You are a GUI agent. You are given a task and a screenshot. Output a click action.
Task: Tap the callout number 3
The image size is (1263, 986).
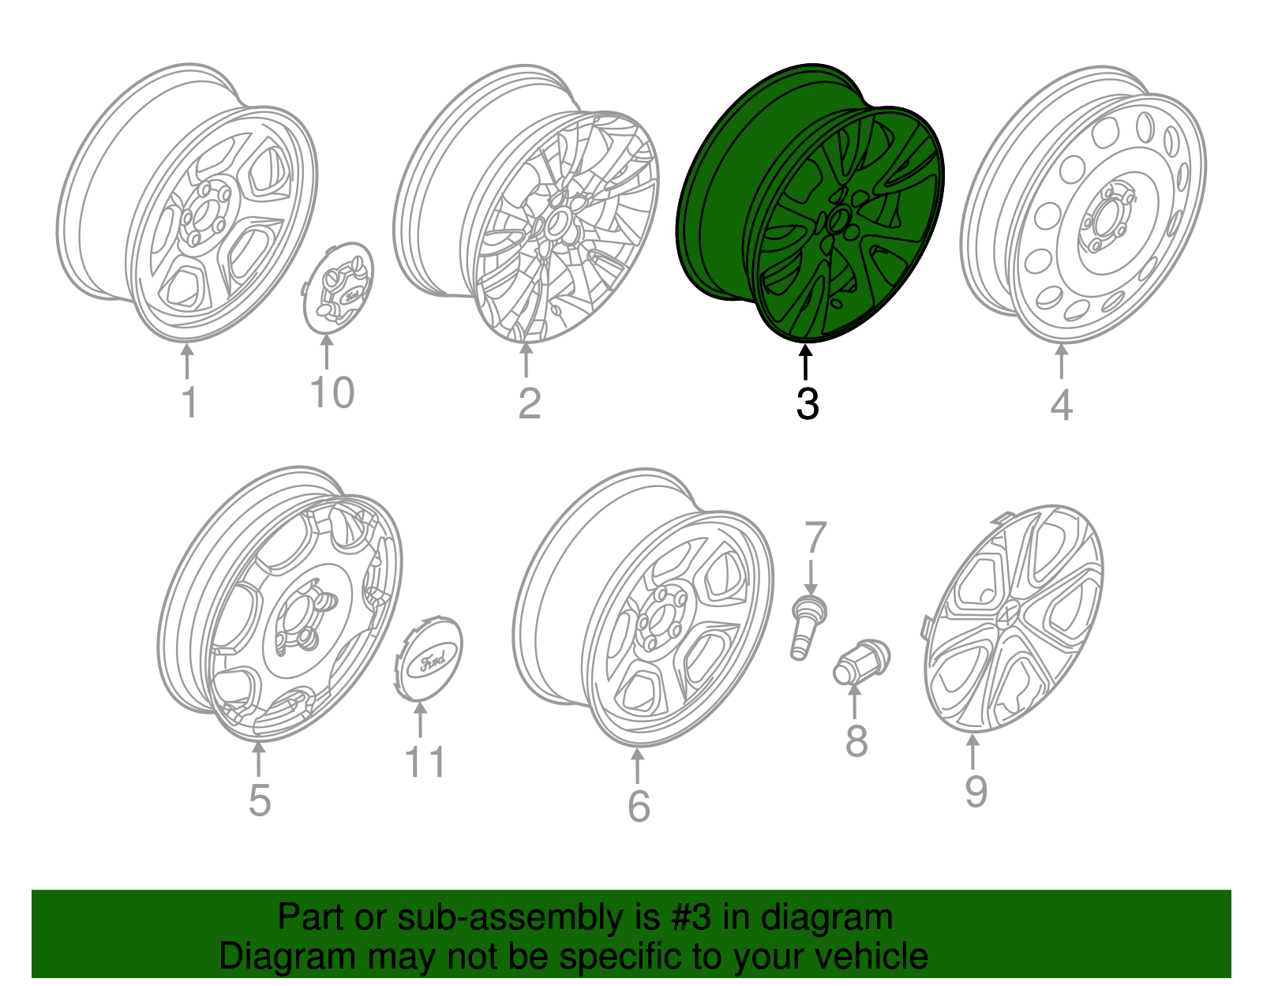click(807, 403)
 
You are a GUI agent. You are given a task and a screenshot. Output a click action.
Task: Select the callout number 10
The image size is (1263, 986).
click(332, 392)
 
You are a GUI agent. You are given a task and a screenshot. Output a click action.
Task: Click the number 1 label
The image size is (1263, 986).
click(189, 402)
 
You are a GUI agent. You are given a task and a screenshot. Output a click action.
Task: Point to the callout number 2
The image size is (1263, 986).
click(529, 403)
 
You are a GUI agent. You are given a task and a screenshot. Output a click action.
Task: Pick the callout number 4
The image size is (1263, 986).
click(1061, 405)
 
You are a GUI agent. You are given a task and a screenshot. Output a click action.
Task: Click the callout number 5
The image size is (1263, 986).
click(259, 800)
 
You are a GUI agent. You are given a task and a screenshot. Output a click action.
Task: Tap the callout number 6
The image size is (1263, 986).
click(638, 806)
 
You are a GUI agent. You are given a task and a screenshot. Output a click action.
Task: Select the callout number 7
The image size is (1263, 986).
click(815, 538)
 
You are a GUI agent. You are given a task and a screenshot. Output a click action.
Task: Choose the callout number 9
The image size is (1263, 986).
click(976, 791)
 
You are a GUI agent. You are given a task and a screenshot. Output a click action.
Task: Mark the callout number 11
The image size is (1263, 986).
click(424, 763)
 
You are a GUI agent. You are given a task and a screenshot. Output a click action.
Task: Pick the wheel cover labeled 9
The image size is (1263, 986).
click(1014, 617)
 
